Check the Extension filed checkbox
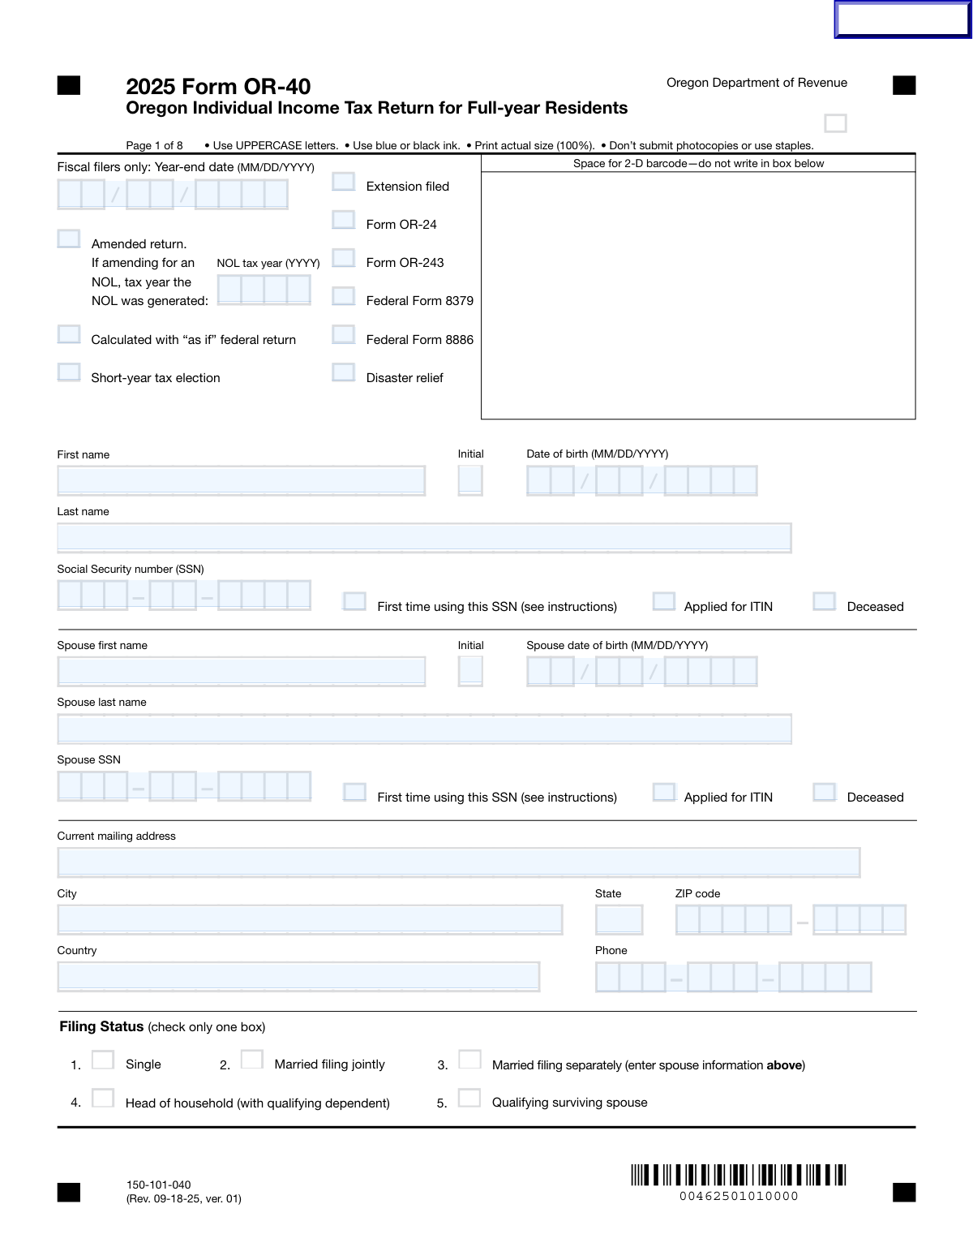point(344,182)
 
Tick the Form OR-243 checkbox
point(344,258)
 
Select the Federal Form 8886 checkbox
point(344,334)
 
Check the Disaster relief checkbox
point(344,372)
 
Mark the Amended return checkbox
point(69,239)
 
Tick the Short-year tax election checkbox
point(69,372)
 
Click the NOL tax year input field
point(264,290)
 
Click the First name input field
point(242,480)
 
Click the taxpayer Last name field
point(424,538)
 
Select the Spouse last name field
point(424,729)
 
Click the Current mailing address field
point(458,862)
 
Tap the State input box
point(619,919)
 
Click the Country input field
point(298,977)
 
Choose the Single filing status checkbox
point(103,1060)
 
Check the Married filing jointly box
point(252,1060)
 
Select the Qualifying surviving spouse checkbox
point(469,1098)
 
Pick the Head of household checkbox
point(103,1098)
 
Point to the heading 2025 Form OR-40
point(218,87)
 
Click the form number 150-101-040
point(159,1185)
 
